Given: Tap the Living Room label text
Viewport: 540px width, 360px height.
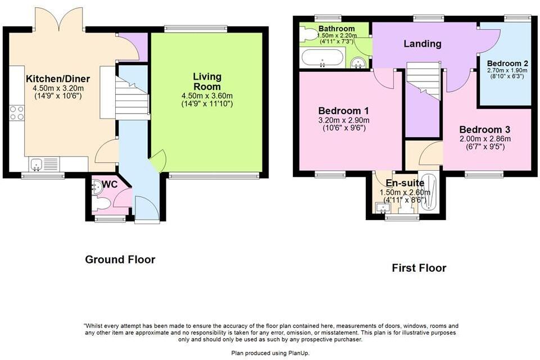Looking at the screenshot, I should click(x=207, y=81).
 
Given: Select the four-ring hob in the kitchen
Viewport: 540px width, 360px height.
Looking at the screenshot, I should click(x=17, y=113).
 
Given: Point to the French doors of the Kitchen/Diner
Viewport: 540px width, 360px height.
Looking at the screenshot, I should click(x=59, y=20).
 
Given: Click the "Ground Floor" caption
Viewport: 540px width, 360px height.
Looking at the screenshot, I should click(x=120, y=259).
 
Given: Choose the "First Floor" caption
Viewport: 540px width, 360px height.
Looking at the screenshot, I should click(x=419, y=268).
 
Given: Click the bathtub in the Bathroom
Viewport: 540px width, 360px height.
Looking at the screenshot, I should click(x=323, y=58).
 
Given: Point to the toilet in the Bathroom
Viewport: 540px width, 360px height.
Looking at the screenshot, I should click(x=307, y=35).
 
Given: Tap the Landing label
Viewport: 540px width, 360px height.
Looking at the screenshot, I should click(x=423, y=44).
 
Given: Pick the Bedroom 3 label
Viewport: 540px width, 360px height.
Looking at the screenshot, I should click(x=481, y=129).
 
